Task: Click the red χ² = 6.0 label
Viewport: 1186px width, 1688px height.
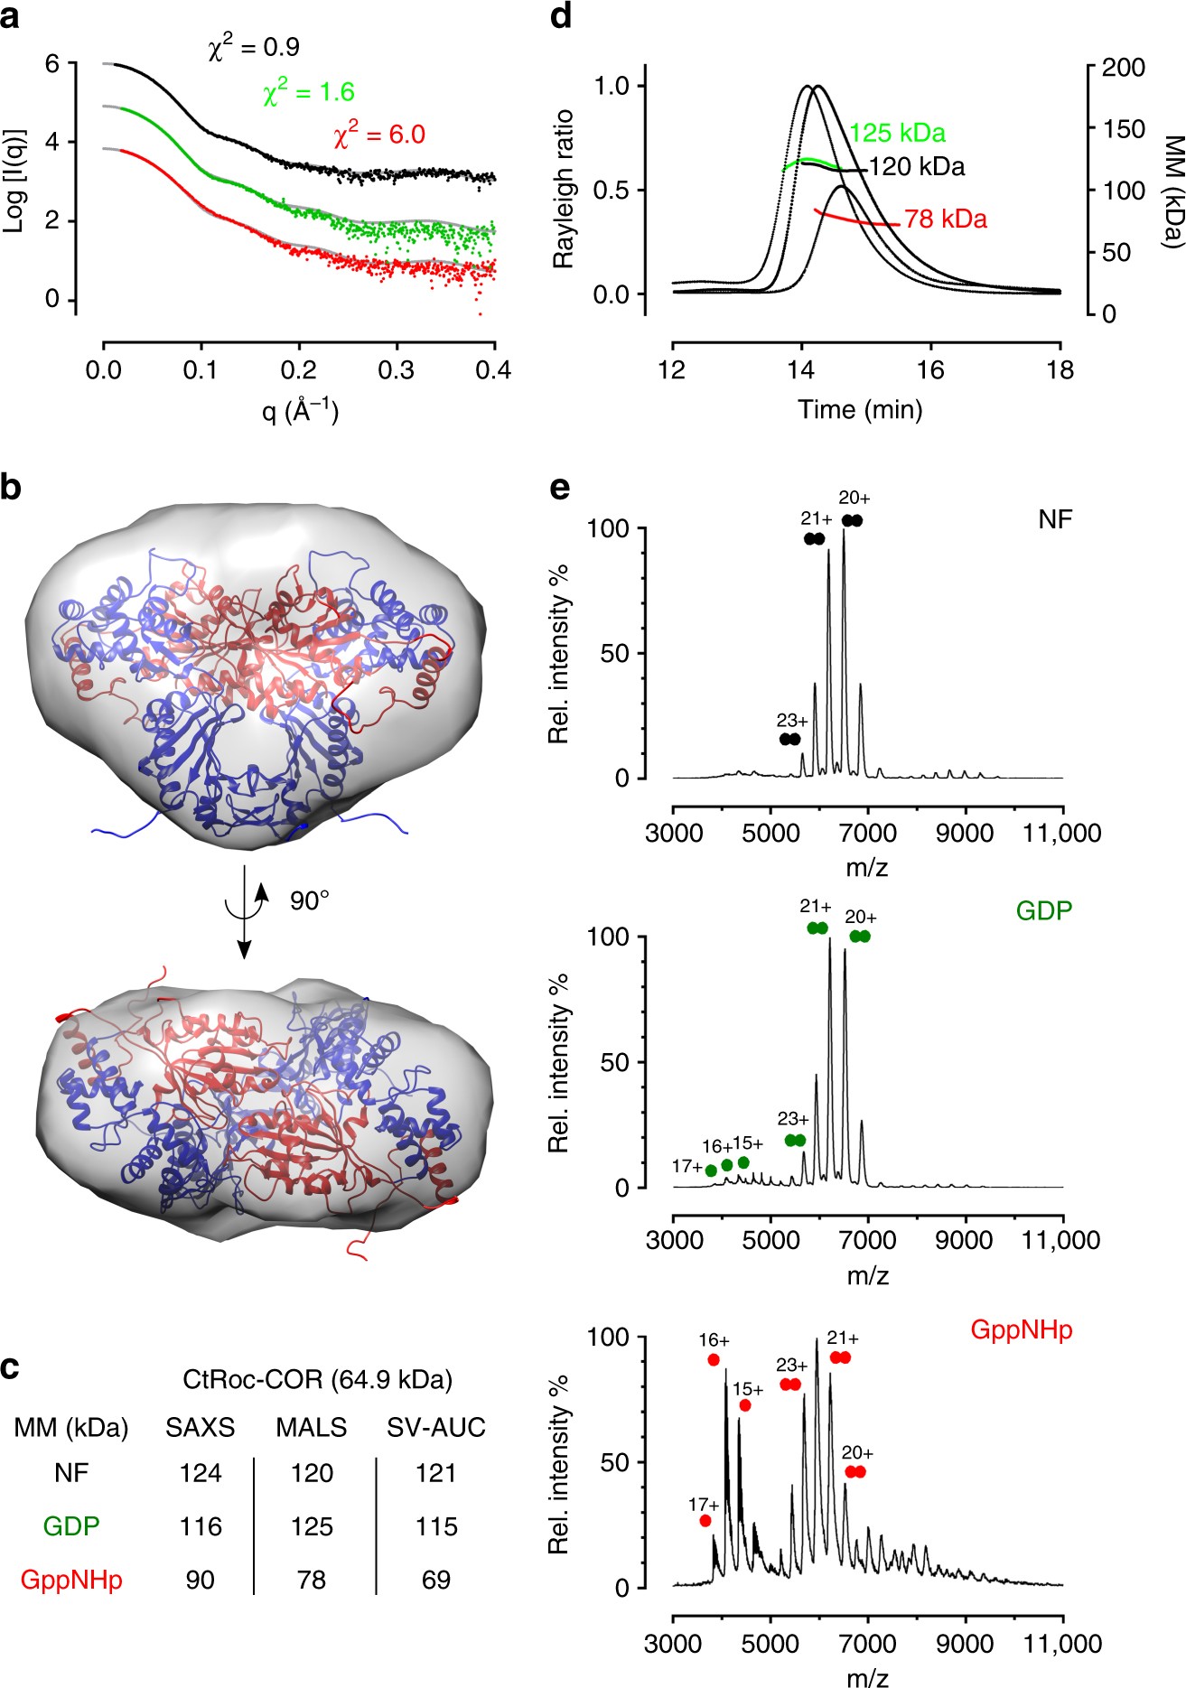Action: click(379, 135)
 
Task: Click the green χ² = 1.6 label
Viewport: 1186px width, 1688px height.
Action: click(308, 91)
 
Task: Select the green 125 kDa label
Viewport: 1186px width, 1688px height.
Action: click(897, 134)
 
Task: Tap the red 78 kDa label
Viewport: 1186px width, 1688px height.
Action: click(945, 219)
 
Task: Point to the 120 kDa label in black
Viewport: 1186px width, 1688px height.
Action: click(916, 167)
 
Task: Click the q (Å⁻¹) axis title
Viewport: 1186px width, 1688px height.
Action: click(300, 412)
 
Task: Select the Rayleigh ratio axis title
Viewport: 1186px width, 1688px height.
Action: click(564, 190)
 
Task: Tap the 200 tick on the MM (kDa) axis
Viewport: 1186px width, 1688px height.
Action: click(1123, 68)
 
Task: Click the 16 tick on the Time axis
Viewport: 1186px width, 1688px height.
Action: click(929, 370)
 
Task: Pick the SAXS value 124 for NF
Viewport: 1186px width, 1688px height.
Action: click(200, 1473)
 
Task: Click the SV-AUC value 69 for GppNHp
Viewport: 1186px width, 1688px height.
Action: click(435, 1580)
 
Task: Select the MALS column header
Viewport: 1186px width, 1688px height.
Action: click(311, 1427)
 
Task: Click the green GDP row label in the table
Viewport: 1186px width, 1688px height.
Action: click(71, 1526)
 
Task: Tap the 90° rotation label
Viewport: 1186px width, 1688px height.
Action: click(309, 900)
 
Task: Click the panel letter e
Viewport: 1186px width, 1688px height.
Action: click(560, 488)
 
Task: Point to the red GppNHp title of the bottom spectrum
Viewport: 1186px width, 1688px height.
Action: click(1021, 1329)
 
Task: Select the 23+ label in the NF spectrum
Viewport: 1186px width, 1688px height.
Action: click(792, 721)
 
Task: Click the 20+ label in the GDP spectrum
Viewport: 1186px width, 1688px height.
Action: click(860, 918)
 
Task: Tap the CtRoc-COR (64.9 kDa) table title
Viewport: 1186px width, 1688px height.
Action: click(317, 1379)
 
